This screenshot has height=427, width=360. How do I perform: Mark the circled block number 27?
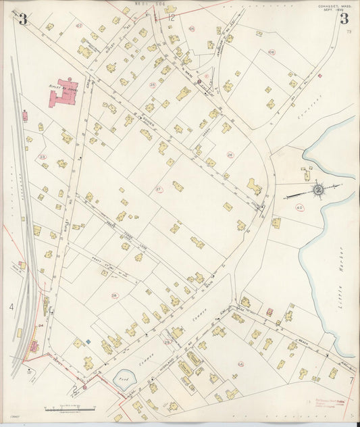[x=159, y=189]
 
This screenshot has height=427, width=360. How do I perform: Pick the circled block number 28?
[x=114, y=295]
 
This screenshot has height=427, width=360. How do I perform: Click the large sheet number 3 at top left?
[x=24, y=19]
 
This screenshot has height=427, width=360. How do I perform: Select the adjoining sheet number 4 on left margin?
[x=11, y=307]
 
